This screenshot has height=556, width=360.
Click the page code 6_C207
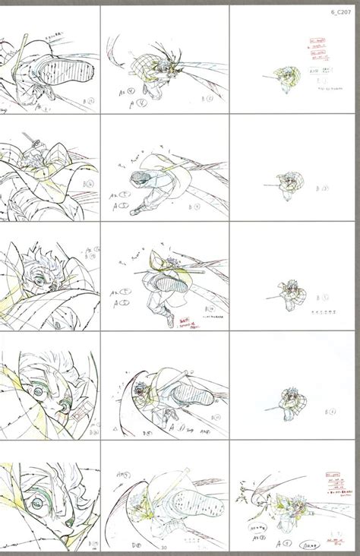click(340, 12)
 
